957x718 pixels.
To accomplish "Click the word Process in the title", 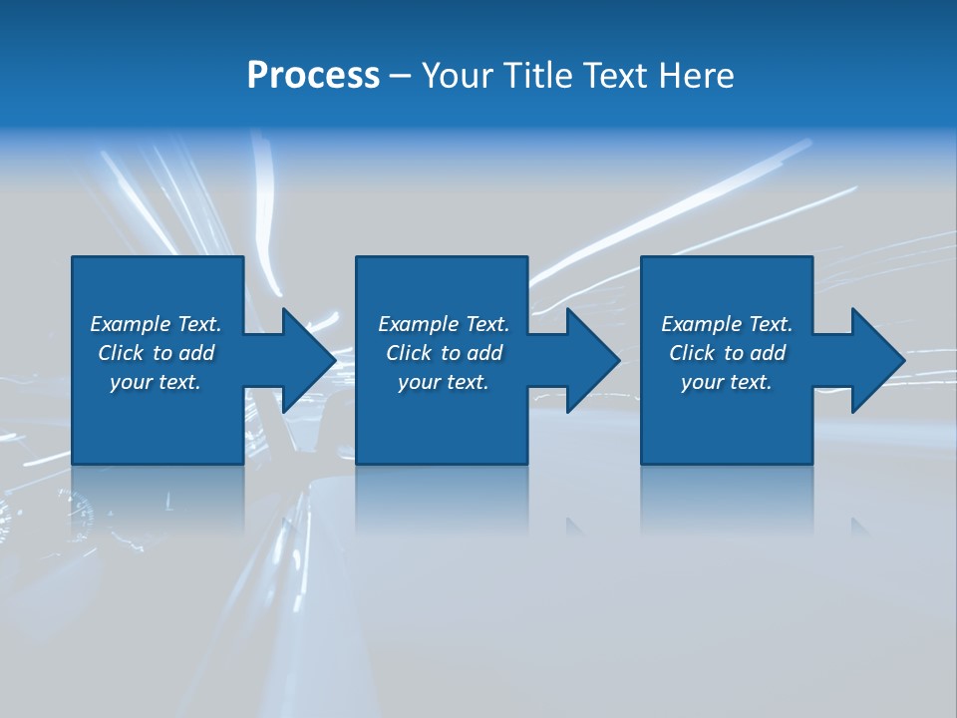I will (313, 76).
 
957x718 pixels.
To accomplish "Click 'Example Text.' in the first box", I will (156, 324).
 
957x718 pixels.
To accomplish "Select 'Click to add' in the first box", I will (156, 353).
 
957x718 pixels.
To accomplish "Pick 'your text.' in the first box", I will (156, 382).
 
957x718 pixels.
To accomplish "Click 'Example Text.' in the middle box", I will (444, 324).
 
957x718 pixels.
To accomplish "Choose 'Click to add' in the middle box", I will (444, 353).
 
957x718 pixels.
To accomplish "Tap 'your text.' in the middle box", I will (444, 382).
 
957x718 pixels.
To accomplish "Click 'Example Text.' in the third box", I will (727, 324).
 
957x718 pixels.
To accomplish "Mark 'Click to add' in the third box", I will (727, 353).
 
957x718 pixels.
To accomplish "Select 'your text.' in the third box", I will (727, 382).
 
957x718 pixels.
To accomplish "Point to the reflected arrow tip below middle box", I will (574, 525).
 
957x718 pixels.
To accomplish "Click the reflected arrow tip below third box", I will (858, 525).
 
